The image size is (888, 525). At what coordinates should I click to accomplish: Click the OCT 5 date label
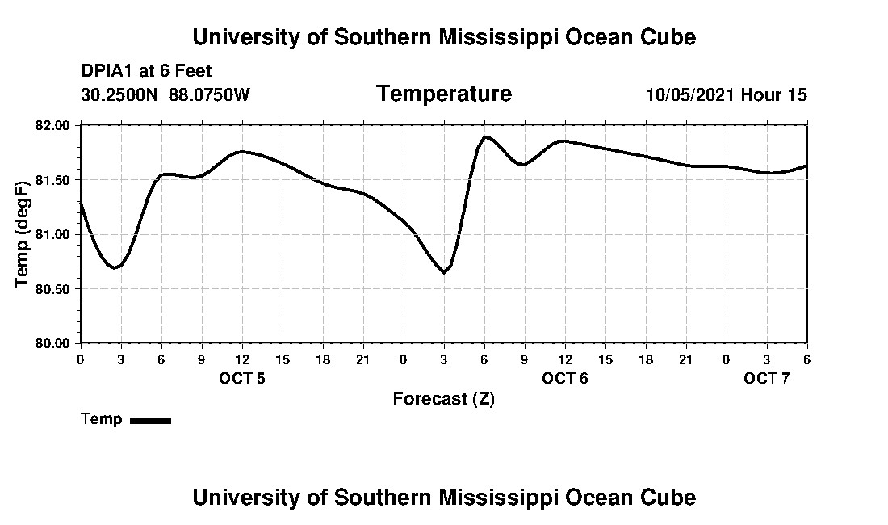point(242,378)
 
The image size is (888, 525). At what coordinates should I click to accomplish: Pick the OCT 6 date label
point(565,378)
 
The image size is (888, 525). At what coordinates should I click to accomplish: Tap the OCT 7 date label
point(767,378)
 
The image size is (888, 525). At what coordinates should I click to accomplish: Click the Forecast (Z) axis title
point(443,398)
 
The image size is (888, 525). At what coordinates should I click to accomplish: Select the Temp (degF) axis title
point(23,234)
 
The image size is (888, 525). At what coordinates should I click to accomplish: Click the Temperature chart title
point(443,94)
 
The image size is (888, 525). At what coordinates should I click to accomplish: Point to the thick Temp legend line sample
point(150,420)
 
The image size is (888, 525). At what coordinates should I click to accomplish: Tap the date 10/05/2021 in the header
point(690,94)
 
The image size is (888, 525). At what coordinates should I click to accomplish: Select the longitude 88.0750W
point(209,94)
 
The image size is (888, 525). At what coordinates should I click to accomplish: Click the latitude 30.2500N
point(121,94)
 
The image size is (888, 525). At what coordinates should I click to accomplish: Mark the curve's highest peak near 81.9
point(485,136)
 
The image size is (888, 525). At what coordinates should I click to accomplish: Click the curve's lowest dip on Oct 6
point(443,272)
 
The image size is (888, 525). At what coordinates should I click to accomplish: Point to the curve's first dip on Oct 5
point(115,267)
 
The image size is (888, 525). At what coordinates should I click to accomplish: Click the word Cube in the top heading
point(668,37)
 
